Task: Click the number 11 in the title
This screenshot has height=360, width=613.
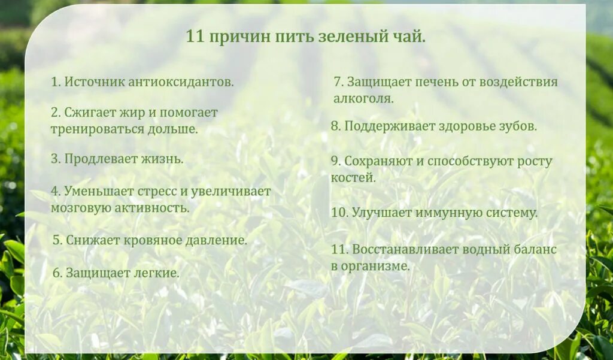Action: pos(195,37)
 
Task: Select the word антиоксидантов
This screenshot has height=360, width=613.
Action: pos(180,82)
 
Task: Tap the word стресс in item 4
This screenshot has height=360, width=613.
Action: pos(157,192)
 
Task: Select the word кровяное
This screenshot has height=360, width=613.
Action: pos(151,240)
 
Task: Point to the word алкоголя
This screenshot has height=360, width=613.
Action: pos(363,98)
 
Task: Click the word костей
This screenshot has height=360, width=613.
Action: pos(353,177)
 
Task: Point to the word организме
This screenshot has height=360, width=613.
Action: pos(375,266)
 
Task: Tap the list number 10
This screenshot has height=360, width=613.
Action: pos(339,213)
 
